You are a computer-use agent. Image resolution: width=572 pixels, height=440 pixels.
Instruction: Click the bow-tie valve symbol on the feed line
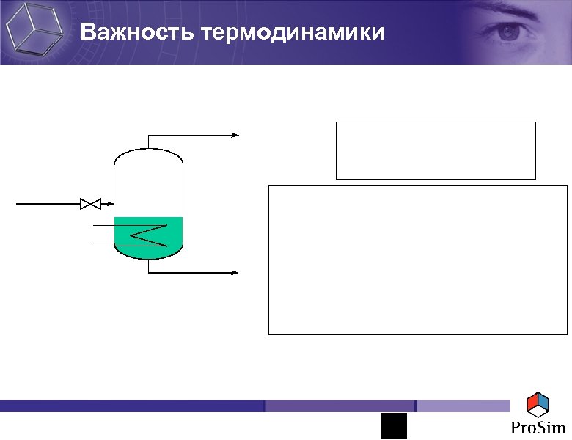coord(89,203)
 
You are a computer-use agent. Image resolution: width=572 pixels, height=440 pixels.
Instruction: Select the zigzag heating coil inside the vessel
coord(149,235)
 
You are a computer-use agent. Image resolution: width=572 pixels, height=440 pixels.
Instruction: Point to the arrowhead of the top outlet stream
coord(235,135)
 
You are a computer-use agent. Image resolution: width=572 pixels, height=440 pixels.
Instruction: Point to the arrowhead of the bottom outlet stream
coord(235,272)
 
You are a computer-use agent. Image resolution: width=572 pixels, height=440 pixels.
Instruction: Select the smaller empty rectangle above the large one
coord(436,150)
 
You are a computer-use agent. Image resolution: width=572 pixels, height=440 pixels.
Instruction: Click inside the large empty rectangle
coord(418,260)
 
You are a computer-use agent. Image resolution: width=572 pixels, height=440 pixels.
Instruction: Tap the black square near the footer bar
coord(393,425)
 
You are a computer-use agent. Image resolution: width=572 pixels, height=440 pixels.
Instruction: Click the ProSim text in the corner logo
coord(538,428)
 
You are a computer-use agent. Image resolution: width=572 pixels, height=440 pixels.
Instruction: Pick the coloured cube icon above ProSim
coord(538,404)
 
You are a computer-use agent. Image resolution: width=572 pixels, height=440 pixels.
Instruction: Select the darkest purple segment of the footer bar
coord(132,406)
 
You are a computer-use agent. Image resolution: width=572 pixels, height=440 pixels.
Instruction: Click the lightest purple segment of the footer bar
coord(463,406)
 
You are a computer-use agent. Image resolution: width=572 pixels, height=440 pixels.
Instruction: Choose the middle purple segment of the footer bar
coord(340,406)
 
